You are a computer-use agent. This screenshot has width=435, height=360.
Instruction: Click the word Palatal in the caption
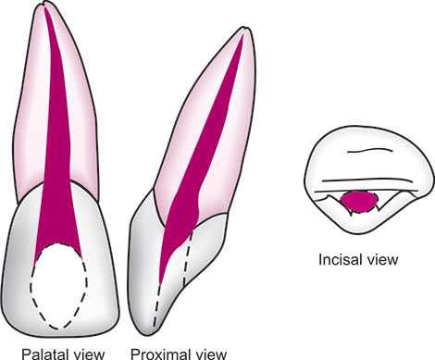tap(41, 354)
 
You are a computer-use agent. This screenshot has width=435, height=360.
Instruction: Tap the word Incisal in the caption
tap(337, 259)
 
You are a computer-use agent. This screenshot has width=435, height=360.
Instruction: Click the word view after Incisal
tap(379, 259)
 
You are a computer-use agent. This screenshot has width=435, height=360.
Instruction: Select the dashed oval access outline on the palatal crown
tap(31, 287)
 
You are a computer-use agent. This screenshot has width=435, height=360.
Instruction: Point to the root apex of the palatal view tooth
tap(45, 4)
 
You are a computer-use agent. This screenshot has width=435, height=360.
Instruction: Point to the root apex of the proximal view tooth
tap(245, 29)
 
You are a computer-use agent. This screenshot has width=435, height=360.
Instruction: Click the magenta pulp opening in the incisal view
tap(359, 202)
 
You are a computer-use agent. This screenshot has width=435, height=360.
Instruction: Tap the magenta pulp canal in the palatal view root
tap(57, 139)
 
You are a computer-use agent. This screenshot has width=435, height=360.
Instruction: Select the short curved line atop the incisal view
tap(370, 150)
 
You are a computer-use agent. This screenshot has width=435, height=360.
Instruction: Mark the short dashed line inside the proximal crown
tap(188, 259)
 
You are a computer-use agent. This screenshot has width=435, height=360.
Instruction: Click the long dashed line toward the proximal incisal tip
tap(157, 305)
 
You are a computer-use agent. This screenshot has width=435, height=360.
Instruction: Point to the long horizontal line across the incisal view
tap(367, 179)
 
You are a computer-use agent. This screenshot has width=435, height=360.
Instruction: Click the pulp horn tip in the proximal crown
tap(160, 282)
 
